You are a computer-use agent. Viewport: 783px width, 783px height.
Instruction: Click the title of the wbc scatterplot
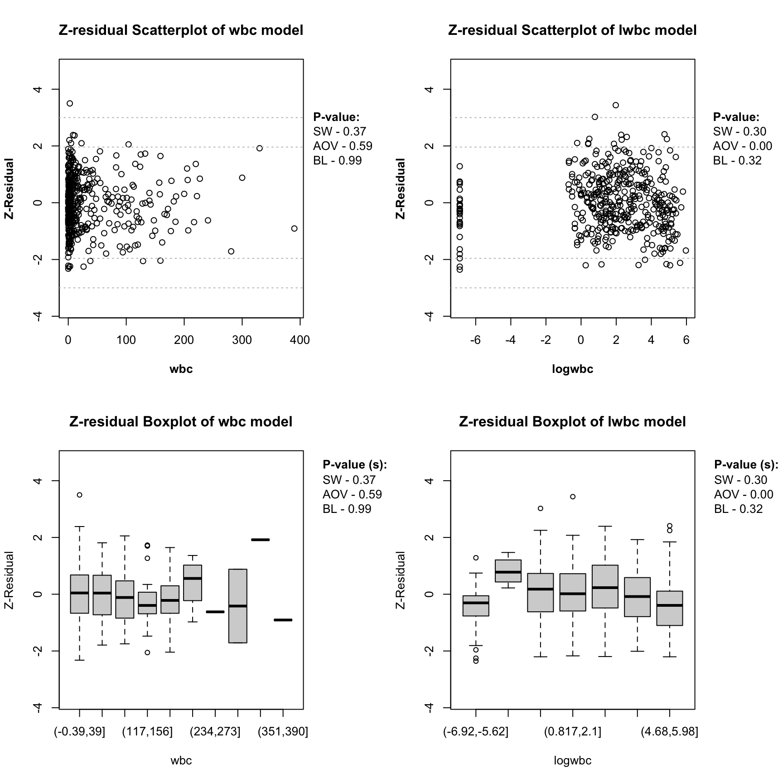[181, 30]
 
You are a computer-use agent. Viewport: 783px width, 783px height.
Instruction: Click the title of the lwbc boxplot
[572, 422]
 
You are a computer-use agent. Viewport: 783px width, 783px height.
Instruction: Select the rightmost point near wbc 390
[294, 228]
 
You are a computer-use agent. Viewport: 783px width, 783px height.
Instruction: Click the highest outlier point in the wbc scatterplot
[70, 103]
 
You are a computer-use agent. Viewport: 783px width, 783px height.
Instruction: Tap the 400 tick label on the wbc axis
[300, 340]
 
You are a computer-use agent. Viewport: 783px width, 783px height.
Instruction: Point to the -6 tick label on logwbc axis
[475, 340]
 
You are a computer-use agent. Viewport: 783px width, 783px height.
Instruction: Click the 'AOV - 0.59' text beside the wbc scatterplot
[343, 146]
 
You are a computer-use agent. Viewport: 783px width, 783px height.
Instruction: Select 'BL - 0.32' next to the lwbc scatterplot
[737, 160]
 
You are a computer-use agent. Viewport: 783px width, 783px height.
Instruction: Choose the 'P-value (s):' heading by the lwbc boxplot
[746, 464]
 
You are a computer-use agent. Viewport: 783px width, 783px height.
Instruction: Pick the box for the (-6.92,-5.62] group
[476, 606]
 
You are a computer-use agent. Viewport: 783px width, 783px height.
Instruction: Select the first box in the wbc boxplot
[79, 594]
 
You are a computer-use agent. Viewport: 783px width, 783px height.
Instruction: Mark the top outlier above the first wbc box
[79, 495]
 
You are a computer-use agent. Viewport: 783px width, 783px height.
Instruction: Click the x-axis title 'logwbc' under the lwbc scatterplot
[572, 369]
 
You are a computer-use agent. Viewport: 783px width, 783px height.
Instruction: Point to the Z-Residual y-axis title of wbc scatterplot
[9, 188]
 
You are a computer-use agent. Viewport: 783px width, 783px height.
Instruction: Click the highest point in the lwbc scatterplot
[615, 105]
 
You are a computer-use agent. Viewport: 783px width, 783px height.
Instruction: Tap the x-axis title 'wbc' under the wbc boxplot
[181, 761]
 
